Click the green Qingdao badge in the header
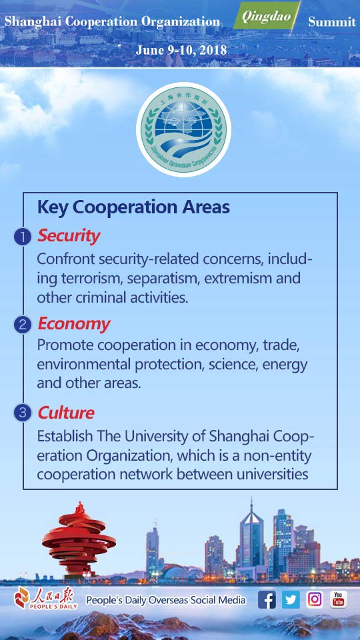[266, 17]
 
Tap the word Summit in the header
[331, 22]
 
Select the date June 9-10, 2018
[181, 50]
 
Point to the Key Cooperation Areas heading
[133, 207]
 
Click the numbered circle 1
[23, 237]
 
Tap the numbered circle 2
[23, 325]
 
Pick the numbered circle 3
[23, 413]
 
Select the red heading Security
[69, 236]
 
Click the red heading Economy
[74, 324]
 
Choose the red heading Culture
[66, 413]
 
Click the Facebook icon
[267, 599]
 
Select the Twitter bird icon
[291, 599]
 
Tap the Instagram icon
[315, 599]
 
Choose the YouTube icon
[339, 599]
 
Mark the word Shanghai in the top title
[31, 22]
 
